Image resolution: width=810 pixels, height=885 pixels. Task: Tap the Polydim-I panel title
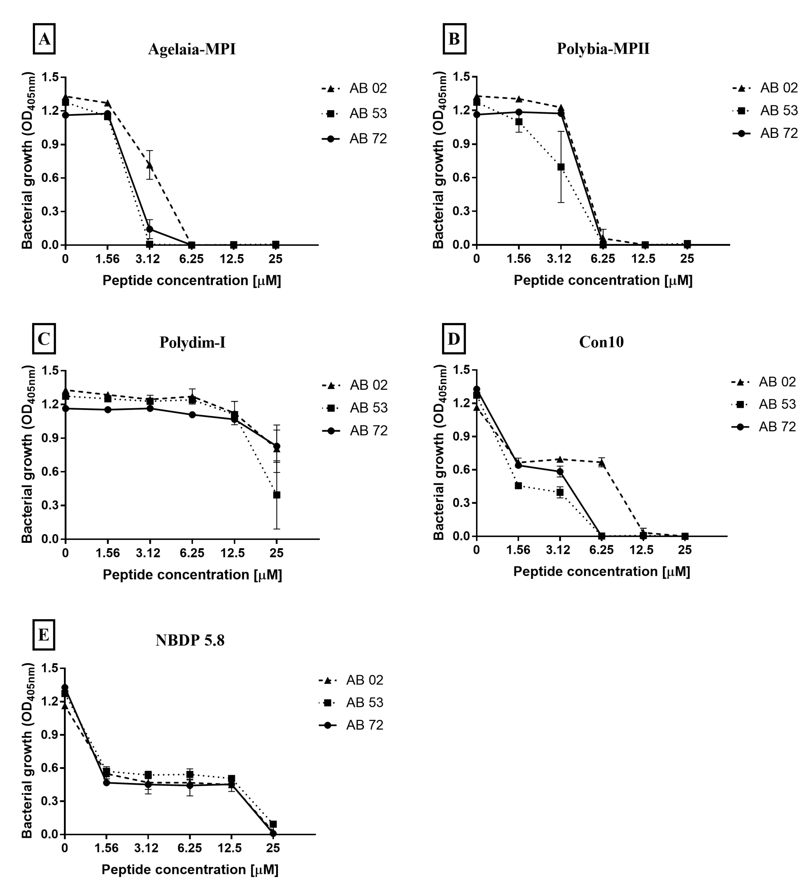(x=192, y=343)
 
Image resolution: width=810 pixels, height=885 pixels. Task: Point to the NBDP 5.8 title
(x=190, y=640)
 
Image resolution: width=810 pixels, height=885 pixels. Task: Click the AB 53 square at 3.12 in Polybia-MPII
(x=561, y=167)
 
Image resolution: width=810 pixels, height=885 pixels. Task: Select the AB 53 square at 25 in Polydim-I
(x=276, y=495)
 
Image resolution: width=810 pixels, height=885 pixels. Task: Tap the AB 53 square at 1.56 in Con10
(x=518, y=486)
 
